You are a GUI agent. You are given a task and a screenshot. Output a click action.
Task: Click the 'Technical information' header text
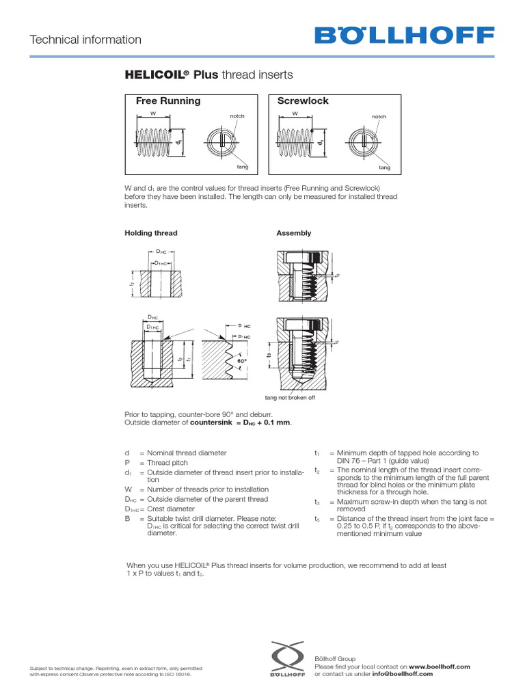point(85,40)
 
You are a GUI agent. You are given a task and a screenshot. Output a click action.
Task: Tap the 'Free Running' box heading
point(168,100)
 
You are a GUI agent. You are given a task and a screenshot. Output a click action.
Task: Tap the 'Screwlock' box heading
point(303,100)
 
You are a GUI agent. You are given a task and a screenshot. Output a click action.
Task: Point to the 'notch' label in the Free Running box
point(237,116)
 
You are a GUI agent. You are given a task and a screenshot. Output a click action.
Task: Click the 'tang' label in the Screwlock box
point(384,167)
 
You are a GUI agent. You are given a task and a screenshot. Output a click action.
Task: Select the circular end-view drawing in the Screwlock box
point(367,144)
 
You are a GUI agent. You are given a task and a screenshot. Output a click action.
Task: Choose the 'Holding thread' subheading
point(150,233)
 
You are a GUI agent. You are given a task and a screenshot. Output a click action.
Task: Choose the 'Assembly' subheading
point(293,233)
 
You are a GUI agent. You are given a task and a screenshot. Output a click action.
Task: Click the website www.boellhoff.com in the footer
point(440,666)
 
